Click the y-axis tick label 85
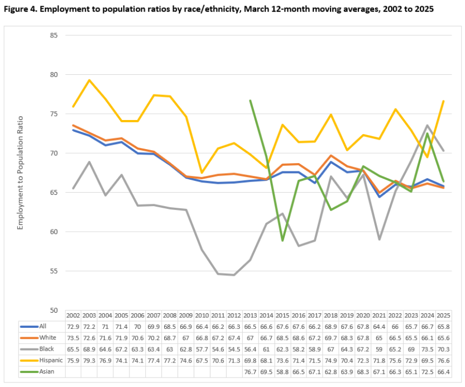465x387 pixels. (54, 35)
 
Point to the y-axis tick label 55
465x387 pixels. (54, 271)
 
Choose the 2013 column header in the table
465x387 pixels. (250, 316)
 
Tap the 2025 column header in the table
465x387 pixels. (444, 316)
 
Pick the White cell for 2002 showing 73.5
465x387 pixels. (73, 338)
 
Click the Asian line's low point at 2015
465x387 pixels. (283, 241)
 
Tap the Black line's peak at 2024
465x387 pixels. (428, 126)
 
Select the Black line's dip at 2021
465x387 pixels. (380, 239)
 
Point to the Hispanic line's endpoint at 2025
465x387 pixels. (444, 101)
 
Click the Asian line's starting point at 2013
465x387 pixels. (250, 101)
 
